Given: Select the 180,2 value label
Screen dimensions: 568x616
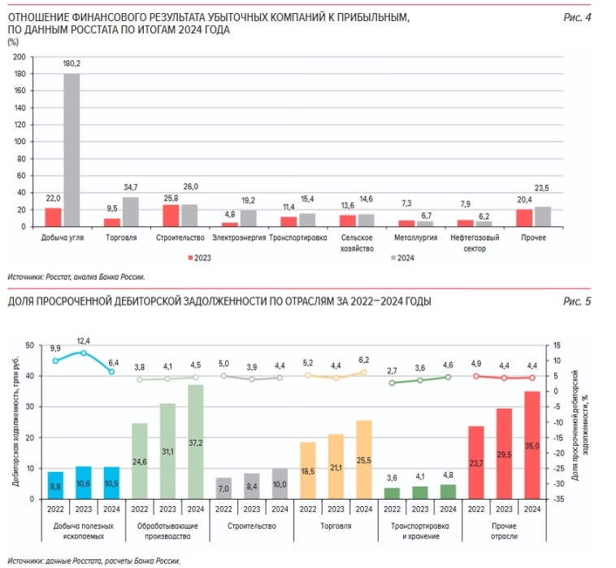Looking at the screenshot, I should pos(72,63).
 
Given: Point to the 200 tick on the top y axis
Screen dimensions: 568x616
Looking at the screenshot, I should pos(20,57).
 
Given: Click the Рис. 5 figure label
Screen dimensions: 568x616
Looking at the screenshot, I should pos(577,301).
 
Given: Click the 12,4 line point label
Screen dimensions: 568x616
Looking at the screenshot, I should pos(83,340).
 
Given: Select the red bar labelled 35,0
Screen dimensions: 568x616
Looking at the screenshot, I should pos(532,445).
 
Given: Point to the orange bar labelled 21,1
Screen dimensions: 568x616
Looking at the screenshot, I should pos(336,466).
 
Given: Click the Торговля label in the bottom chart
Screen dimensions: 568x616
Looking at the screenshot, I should pos(336,527).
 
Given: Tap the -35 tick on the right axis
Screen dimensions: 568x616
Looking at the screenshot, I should pos(557,499).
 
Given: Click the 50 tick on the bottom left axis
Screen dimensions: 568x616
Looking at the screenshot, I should pos(29,346).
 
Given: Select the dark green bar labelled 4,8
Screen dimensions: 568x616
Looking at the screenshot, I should pos(448,492).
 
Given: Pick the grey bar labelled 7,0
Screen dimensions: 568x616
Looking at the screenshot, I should pos(223,488).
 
